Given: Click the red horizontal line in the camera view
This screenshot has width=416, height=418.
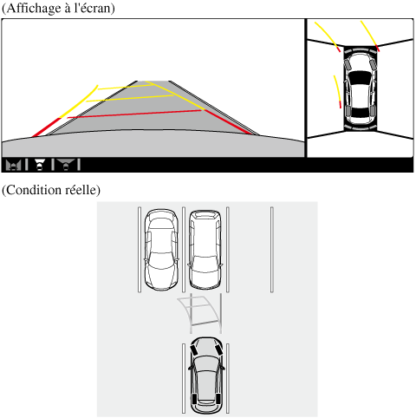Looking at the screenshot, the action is (x=134, y=114).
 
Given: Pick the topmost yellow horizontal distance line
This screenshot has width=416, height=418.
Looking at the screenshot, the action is (x=125, y=87).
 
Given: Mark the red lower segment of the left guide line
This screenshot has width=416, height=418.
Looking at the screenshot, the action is (x=46, y=127).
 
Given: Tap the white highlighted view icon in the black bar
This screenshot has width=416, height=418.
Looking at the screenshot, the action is (x=39, y=165).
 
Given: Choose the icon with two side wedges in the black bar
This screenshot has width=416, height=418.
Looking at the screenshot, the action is (x=13, y=165).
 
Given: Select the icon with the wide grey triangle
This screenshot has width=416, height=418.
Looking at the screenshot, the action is (x=66, y=165).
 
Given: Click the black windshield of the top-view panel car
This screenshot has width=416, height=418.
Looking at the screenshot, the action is (x=360, y=78).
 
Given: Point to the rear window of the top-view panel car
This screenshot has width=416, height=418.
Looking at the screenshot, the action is (x=360, y=113).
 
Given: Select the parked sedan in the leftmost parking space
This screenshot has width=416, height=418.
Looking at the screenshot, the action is (x=161, y=250).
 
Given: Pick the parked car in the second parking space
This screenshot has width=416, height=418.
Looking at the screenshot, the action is (x=205, y=250).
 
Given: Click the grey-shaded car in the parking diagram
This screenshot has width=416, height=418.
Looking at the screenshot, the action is (x=206, y=376).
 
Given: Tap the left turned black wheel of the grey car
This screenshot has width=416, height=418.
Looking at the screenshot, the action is (x=193, y=349).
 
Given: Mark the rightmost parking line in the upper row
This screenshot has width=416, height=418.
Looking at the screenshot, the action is (x=272, y=250).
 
